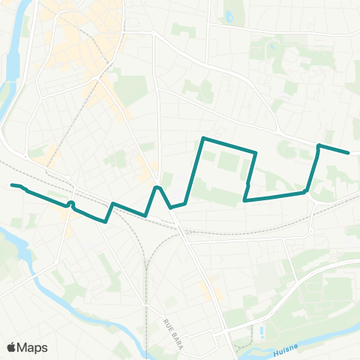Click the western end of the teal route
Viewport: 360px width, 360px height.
[x=12, y=184]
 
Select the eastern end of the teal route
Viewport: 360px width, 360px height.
[x=349, y=153]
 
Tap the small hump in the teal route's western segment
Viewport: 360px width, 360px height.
[x=70, y=203]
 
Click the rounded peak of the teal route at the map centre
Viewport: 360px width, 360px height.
[x=157, y=187]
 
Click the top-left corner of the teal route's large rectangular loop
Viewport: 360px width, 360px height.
[x=204, y=138]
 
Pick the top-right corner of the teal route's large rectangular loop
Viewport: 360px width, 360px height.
[x=256, y=153]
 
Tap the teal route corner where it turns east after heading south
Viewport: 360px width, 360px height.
[x=244, y=200]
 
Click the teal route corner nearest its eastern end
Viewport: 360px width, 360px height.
[x=319, y=145]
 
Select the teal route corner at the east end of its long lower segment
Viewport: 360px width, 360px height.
[x=306, y=192]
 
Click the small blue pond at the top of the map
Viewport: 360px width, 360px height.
[x=229, y=16]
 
